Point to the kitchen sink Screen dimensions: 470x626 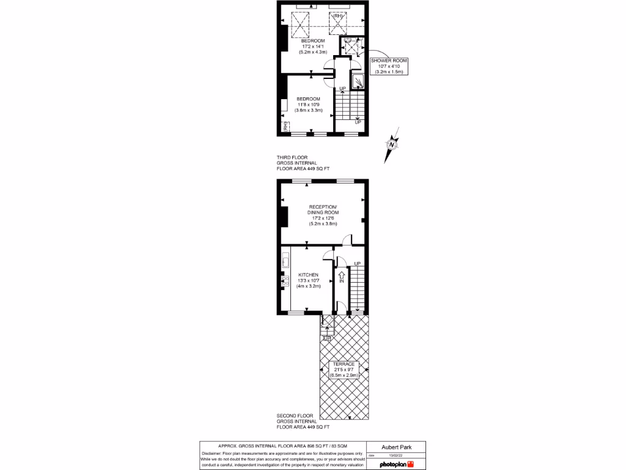[285, 261]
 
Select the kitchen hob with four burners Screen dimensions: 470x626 [285, 281]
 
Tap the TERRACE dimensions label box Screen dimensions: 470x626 [344, 369]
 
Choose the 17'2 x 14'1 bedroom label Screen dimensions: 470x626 [317, 47]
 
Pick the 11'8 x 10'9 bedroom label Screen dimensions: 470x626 [309, 105]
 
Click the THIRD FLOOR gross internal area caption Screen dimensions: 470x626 [303, 163]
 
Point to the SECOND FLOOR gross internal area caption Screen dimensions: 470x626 [303, 422]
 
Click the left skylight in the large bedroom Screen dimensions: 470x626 [300, 24]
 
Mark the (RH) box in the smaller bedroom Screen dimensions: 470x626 [285, 126]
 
